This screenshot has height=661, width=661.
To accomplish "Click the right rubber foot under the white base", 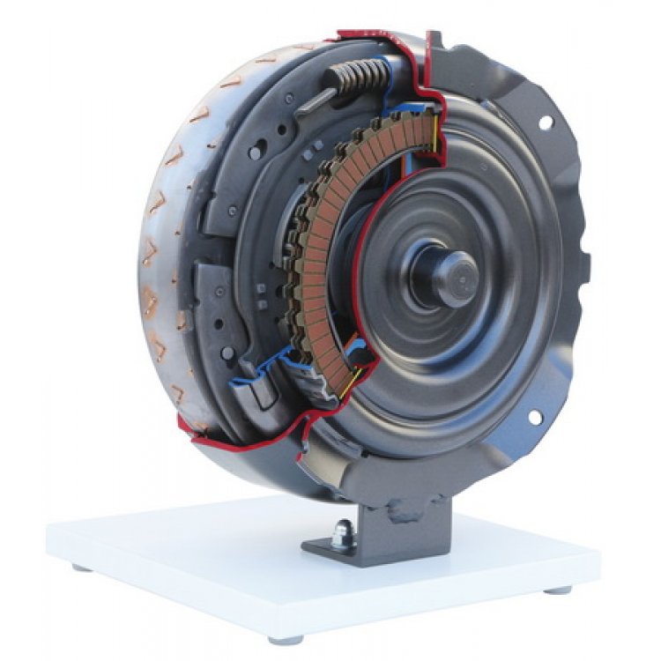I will (559, 590).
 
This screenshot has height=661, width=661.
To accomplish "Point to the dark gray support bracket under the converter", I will (397, 529).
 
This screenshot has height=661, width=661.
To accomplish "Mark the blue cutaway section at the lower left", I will (256, 375).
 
